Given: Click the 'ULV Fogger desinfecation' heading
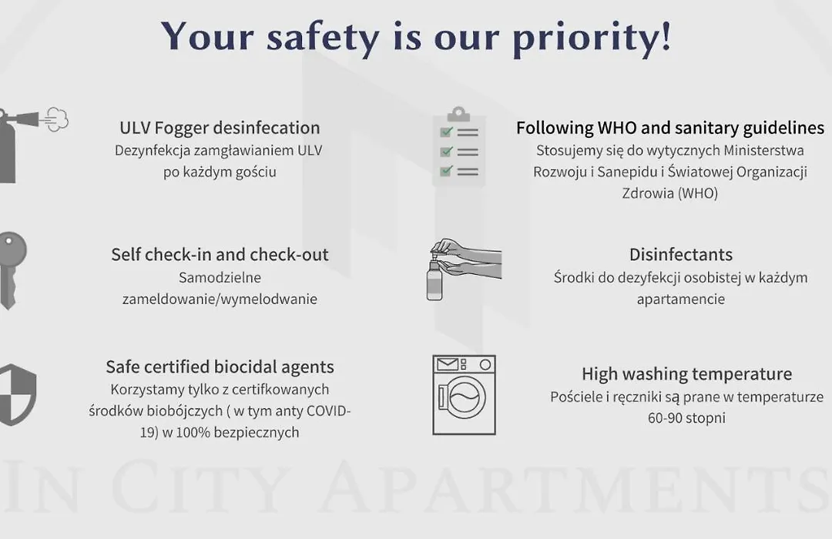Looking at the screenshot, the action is pyautogui.click(x=220, y=129).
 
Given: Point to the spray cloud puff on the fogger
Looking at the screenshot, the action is pyautogui.click(x=57, y=119).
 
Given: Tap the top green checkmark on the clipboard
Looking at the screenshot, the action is pyautogui.click(x=446, y=132).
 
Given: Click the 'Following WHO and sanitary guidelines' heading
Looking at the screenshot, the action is pyautogui.click(x=670, y=129).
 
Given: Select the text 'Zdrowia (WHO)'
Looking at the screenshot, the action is pyautogui.click(x=670, y=193).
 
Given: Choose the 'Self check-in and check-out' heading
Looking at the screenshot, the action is pyautogui.click(x=220, y=255).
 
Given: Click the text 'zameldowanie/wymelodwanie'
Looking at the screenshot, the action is pyautogui.click(x=220, y=300).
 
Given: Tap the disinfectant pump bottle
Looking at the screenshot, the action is pyautogui.click(x=434, y=278).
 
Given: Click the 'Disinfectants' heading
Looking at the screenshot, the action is pyautogui.click(x=681, y=255).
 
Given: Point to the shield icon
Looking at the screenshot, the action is pyautogui.click(x=17, y=395).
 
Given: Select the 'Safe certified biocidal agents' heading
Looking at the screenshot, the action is pyautogui.click(x=220, y=367).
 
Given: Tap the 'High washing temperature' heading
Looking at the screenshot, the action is pyautogui.click(x=686, y=374).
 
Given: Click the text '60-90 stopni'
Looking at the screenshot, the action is pyautogui.click(x=686, y=418).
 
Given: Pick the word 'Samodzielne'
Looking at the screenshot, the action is pyautogui.click(x=220, y=277).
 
